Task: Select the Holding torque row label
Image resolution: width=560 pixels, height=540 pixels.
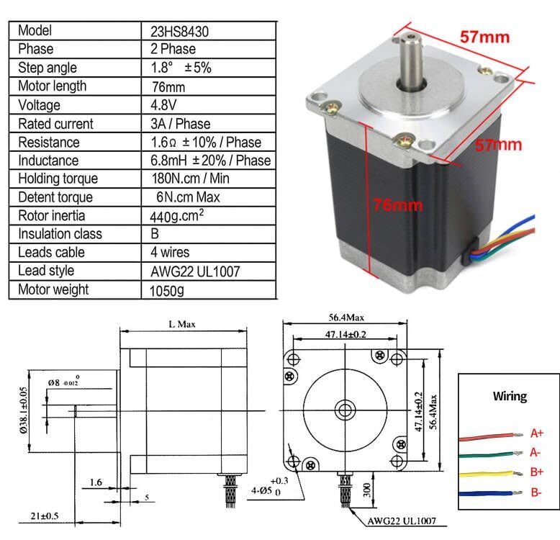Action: tap(58, 179)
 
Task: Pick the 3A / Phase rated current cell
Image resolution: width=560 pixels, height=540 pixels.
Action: tap(179, 124)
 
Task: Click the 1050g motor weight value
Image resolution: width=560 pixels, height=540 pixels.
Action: tap(165, 290)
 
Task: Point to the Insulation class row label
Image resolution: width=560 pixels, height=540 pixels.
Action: tap(60, 234)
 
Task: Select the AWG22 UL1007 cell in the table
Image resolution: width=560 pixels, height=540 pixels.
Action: tap(191, 271)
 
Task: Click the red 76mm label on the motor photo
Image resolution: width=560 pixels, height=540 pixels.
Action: tap(397, 205)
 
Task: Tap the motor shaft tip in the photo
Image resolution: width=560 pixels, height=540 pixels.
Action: tap(410, 35)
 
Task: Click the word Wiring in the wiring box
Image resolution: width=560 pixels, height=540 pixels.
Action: tap(509, 397)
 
